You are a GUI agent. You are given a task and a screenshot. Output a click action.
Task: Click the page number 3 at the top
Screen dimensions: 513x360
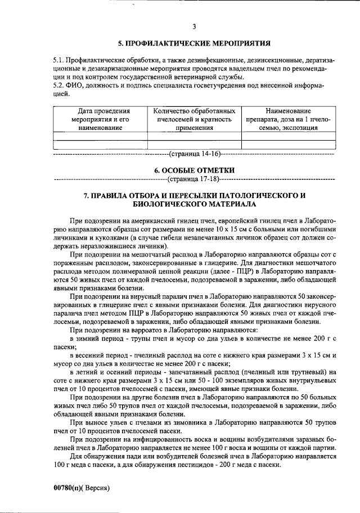point(193,26)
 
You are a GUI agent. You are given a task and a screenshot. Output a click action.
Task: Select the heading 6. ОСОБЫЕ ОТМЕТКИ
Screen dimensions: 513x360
point(194,170)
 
